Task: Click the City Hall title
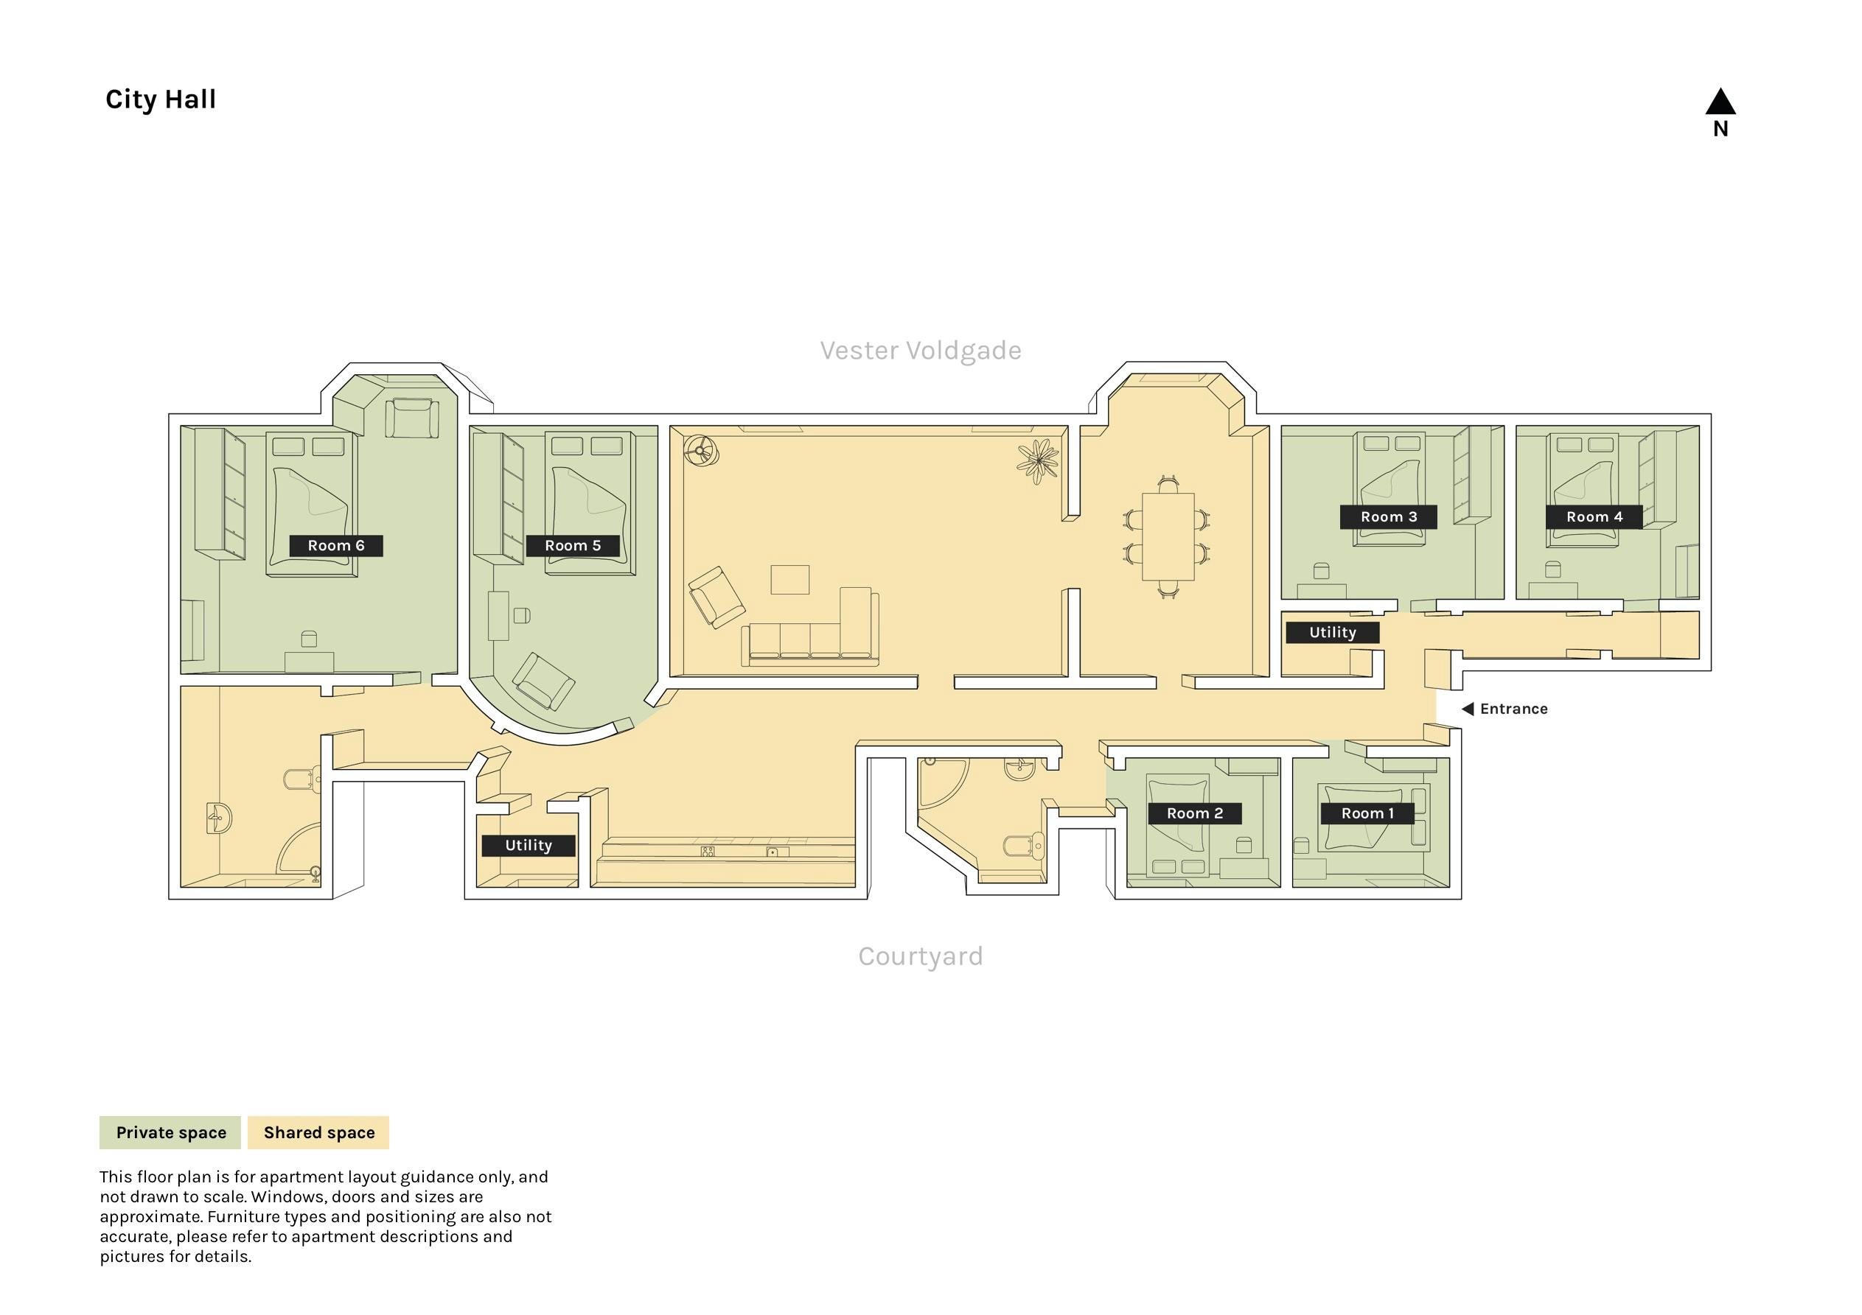point(161,99)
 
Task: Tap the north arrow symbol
point(1720,102)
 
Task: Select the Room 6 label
point(335,546)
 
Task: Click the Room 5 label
point(573,546)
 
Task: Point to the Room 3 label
point(1388,517)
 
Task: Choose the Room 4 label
point(1594,517)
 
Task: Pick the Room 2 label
point(1195,813)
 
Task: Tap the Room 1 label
point(1367,813)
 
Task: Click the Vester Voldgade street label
point(921,350)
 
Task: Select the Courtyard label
point(921,957)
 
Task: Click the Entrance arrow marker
point(1467,709)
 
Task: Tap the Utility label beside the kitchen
point(529,846)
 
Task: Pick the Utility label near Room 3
point(1333,632)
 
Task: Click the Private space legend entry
point(170,1132)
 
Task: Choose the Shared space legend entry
point(318,1132)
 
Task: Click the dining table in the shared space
point(1168,537)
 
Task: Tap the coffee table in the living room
point(790,580)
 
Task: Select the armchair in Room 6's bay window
point(412,418)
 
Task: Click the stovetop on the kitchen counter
point(708,852)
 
